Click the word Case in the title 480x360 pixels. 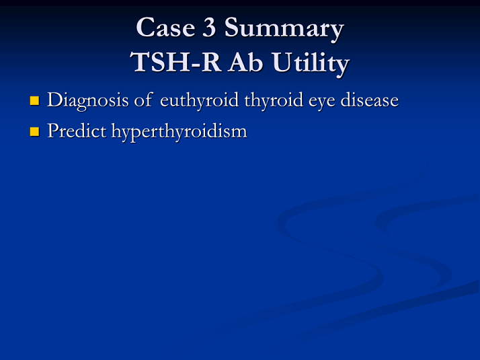tap(165, 28)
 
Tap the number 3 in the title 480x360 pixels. tap(209, 28)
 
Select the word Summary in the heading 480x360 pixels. tap(284, 30)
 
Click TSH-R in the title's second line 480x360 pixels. tap(175, 62)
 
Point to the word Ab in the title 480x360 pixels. tap(245, 62)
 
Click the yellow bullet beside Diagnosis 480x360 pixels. tap(34, 100)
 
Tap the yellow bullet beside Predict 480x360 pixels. tap(34, 131)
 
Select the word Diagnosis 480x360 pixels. tap(88, 101)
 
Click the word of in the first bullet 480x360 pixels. tap(143, 100)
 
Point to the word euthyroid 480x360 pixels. tap(199, 101)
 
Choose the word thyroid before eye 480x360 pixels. tap(274, 101)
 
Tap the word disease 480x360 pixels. tap(370, 100)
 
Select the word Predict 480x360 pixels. tap(77, 131)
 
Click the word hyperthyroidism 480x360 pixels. tap(179, 132)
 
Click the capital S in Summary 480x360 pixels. tap(232, 28)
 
